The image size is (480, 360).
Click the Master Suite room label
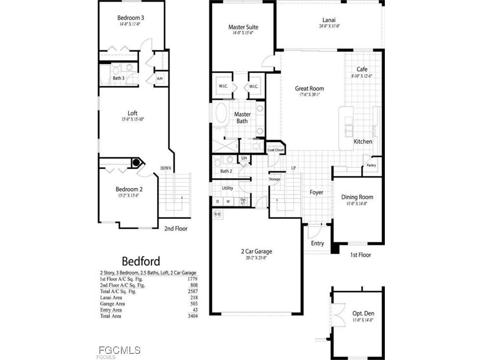[x=243, y=27]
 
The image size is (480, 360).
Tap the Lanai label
[x=329, y=20]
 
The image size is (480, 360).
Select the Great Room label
[x=309, y=88]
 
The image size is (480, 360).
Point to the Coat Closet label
[x=275, y=150]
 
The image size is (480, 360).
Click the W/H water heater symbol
[x=217, y=214]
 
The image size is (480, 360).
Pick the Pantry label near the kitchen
[x=371, y=165]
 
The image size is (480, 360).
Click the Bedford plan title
[x=141, y=261]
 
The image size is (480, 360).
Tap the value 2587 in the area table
[x=192, y=292]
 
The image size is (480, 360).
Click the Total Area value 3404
[x=192, y=316]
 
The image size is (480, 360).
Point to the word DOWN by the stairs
[x=166, y=168]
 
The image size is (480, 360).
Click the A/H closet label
[x=160, y=78]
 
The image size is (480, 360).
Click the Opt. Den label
[x=363, y=313]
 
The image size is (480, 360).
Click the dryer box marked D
[x=217, y=202]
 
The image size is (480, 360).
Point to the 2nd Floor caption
[x=175, y=229]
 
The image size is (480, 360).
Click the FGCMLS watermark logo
[x=120, y=350]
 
